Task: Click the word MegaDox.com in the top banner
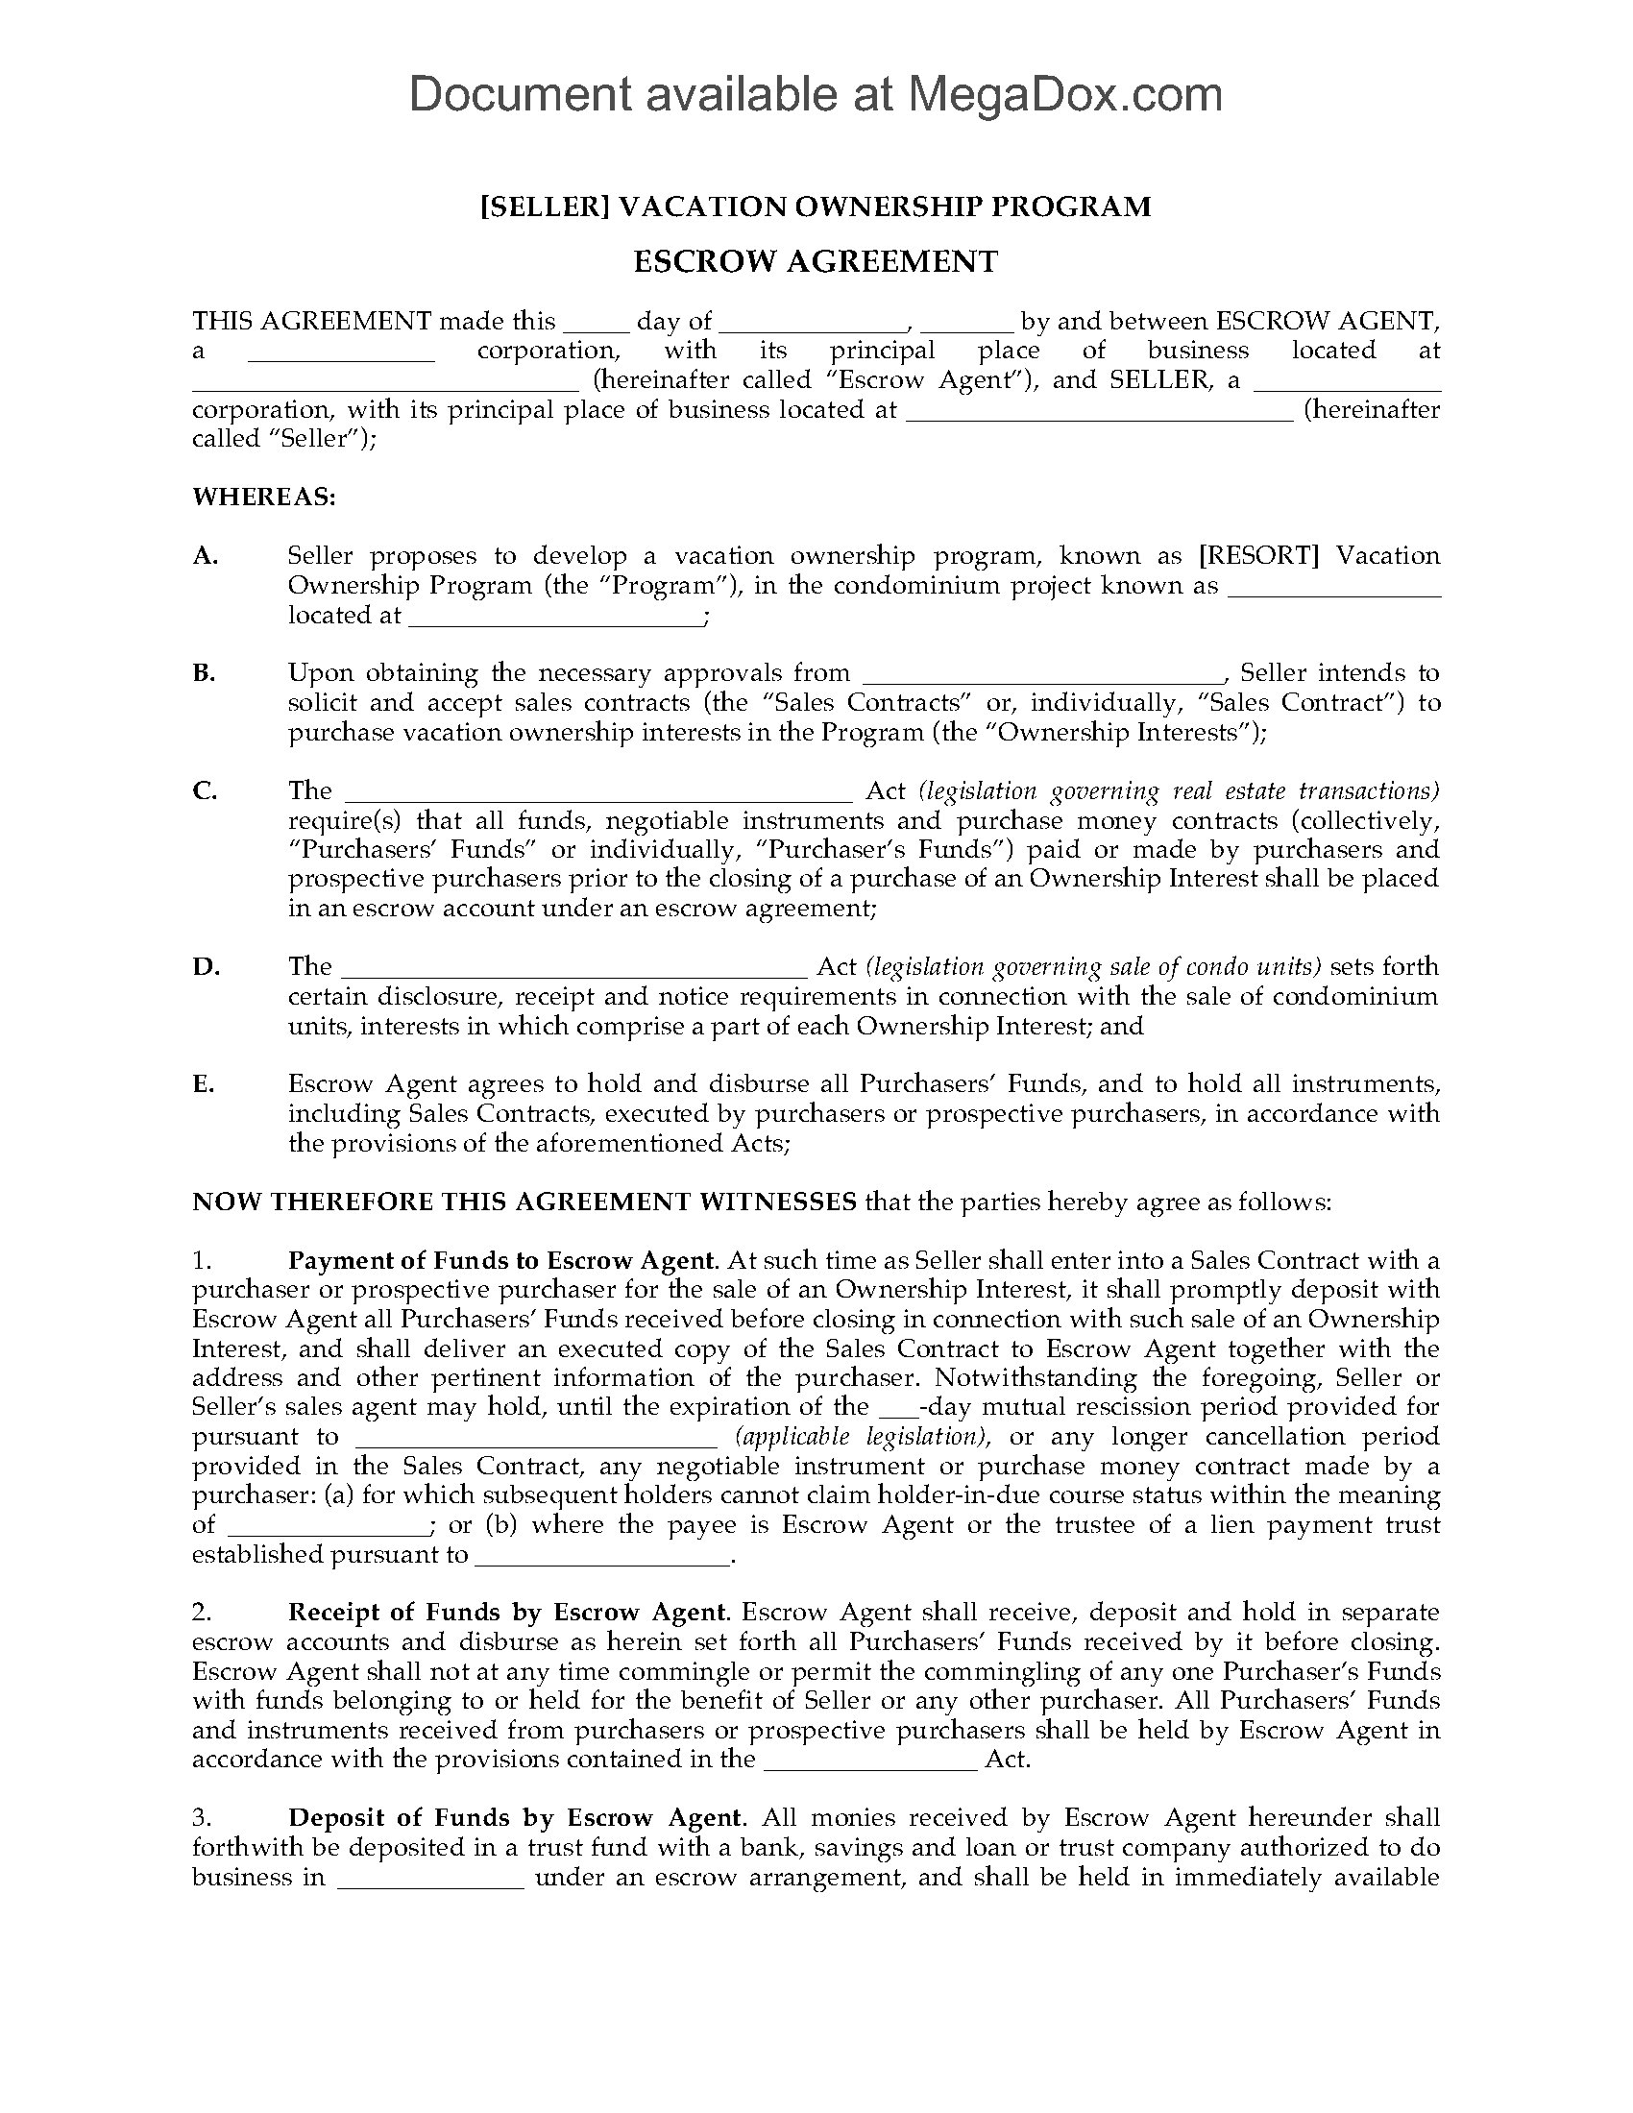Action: tap(1063, 95)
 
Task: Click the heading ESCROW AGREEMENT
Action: tap(816, 262)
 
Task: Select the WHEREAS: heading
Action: tap(264, 498)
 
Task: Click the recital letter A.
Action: tap(206, 556)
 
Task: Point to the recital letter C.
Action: tap(206, 791)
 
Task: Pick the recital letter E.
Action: tap(203, 1084)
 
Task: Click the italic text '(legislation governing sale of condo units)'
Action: tap(1093, 966)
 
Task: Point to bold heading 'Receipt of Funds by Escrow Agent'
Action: tap(507, 1613)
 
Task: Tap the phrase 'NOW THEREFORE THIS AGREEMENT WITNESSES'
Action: tap(524, 1202)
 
